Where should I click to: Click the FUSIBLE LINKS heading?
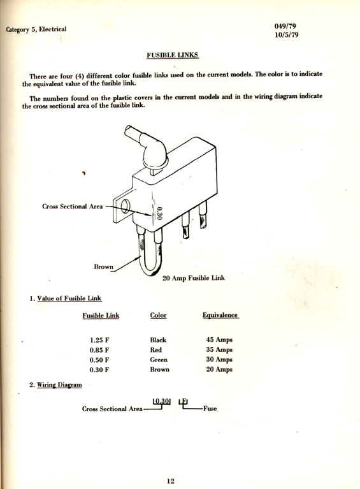click(x=173, y=55)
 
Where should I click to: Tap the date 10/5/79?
click(x=287, y=34)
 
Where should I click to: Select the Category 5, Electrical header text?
click(x=36, y=29)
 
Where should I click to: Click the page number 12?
click(x=171, y=481)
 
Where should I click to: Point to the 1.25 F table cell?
click(x=99, y=340)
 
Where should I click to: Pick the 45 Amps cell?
click(x=219, y=339)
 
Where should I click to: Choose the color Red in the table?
click(x=156, y=350)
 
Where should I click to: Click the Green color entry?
click(x=159, y=360)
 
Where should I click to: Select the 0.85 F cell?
click(x=99, y=350)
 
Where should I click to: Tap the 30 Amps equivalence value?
click(x=219, y=360)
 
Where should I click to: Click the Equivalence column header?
click(x=220, y=315)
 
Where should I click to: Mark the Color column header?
click(x=159, y=315)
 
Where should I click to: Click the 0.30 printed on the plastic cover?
click(x=159, y=214)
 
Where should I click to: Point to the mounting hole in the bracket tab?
click(x=125, y=206)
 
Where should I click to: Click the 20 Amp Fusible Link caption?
click(x=193, y=278)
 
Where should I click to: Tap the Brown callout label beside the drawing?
click(x=103, y=266)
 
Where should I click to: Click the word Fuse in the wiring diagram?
click(x=210, y=409)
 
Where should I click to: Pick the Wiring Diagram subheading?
click(x=59, y=385)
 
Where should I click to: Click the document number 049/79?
click(x=285, y=26)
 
